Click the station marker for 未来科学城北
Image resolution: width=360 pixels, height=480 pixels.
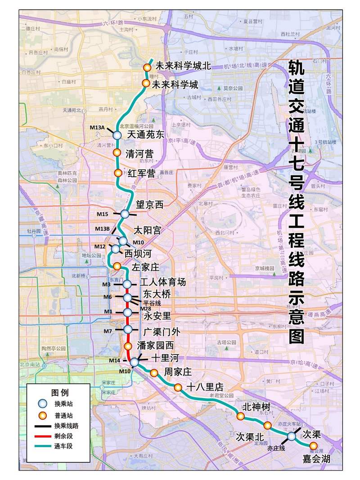[x=147, y=67]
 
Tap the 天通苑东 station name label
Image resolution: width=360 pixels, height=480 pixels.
[x=146, y=134]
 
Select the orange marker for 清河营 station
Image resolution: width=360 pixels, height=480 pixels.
[x=117, y=153]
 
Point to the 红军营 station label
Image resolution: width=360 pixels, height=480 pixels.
[x=142, y=173]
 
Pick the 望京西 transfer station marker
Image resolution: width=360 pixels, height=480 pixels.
[x=125, y=214]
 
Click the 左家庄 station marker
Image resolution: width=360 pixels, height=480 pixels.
[x=117, y=266]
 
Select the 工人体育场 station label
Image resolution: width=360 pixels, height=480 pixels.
[x=163, y=283]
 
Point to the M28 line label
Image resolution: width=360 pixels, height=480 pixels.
[x=145, y=309]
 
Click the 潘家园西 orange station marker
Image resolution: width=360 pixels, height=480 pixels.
[x=128, y=346]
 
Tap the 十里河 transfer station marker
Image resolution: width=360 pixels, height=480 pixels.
[x=134, y=362]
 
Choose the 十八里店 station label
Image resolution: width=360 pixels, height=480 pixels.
[x=205, y=387]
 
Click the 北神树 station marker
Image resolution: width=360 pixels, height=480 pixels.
[x=241, y=416]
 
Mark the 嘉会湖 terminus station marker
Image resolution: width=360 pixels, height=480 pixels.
[x=314, y=445]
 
